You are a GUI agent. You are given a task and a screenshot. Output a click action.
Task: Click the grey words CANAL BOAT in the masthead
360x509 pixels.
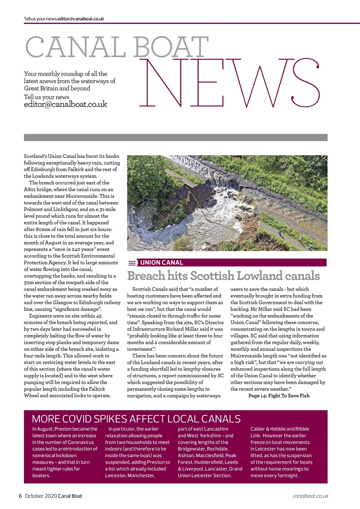[x=117, y=47]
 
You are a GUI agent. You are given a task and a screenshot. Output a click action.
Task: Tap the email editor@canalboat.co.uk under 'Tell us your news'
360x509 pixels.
[x=65, y=105]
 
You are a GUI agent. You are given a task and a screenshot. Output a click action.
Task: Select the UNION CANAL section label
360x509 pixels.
[x=162, y=262]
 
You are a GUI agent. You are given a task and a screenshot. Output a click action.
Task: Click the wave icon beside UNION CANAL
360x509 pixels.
[x=132, y=263]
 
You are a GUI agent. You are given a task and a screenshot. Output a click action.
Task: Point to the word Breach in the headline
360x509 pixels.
[x=146, y=276]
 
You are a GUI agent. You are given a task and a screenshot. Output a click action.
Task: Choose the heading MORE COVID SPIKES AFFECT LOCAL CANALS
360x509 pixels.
[x=136, y=419]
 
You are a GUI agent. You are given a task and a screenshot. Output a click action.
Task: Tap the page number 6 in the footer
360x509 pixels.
[x=20, y=496]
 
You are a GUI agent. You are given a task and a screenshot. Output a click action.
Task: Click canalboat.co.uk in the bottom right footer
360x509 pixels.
[x=310, y=496]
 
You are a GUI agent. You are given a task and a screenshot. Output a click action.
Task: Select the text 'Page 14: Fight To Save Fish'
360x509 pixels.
[x=278, y=396]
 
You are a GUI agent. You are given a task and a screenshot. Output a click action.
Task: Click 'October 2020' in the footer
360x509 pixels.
[x=41, y=496]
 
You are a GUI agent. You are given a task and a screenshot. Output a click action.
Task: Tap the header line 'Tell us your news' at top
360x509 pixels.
[x=40, y=19]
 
